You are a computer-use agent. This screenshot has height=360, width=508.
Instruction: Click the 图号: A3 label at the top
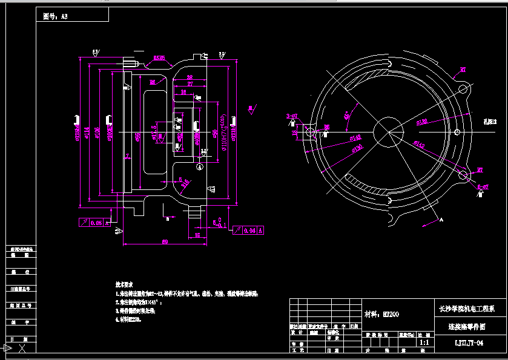point(56,17)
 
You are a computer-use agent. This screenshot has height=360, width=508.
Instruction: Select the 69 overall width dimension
point(164,241)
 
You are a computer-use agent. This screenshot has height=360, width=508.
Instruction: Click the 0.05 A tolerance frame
point(91,223)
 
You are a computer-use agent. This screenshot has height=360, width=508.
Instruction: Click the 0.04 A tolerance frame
point(248,230)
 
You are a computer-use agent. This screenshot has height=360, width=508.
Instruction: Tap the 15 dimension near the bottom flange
point(197,235)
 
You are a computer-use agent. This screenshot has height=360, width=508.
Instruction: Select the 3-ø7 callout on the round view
point(292,116)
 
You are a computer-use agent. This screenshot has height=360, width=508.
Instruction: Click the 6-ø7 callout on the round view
point(483,187)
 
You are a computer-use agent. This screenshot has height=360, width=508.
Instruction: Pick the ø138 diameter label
point(421,122)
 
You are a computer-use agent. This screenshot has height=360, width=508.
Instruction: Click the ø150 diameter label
point(357,148)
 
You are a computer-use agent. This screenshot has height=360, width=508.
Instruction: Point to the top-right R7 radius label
point(463,70)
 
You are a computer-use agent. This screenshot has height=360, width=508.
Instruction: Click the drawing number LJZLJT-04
point(469,343)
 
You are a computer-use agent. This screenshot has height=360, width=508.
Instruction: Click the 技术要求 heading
point(125,283)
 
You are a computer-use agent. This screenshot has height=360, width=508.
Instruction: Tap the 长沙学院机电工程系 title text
point(467,309)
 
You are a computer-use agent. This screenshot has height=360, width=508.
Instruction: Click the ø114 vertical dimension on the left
point(88,129)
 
